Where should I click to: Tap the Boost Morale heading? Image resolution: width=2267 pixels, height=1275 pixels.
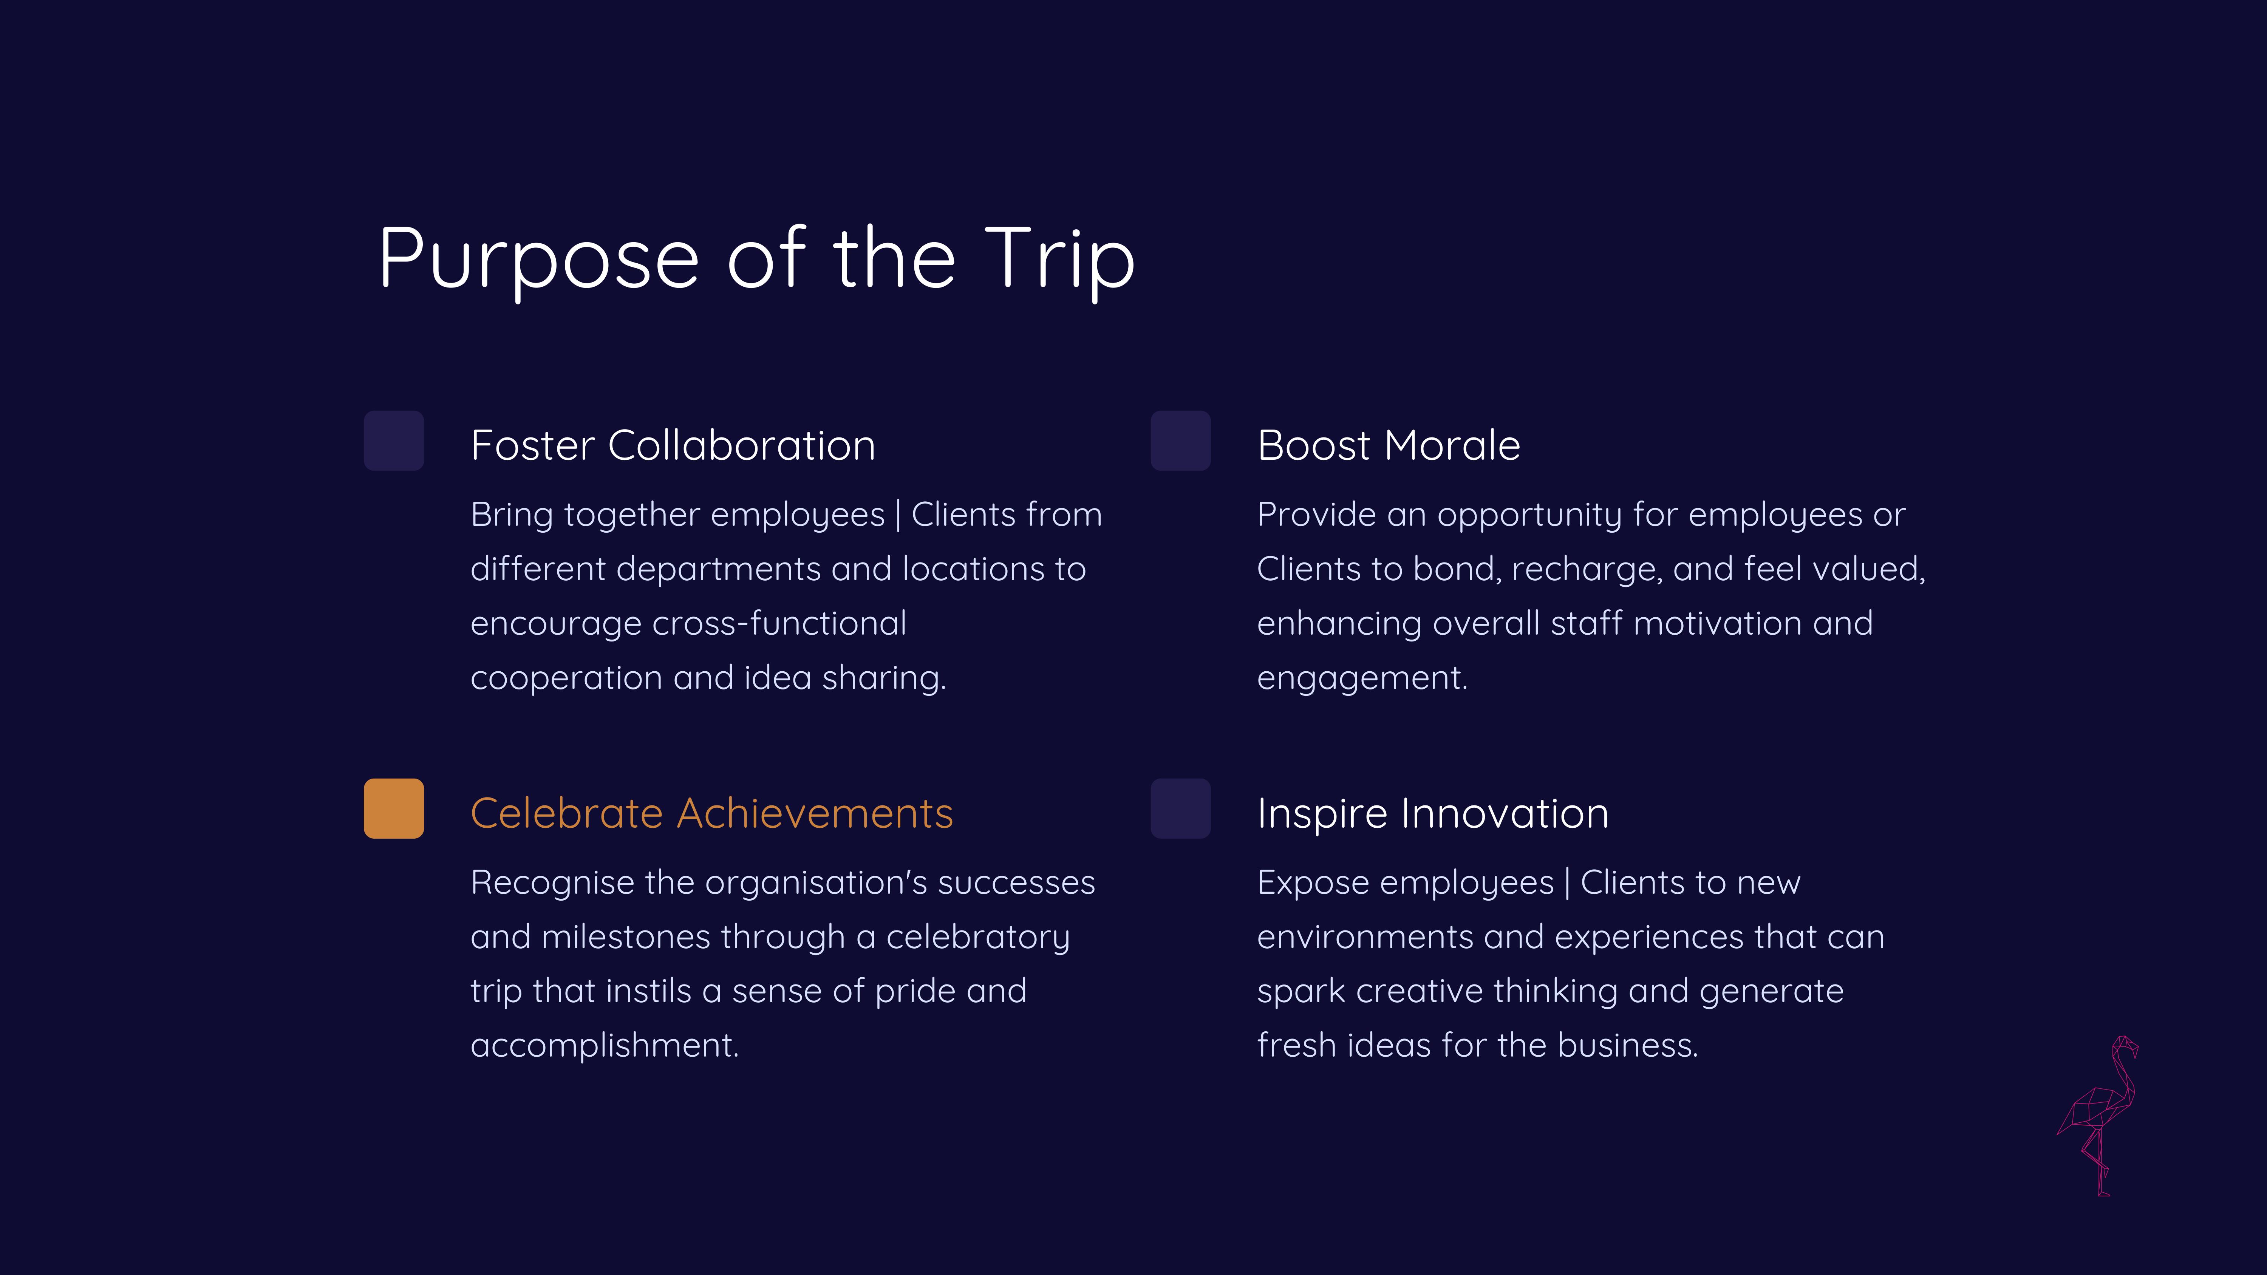[1389, 445]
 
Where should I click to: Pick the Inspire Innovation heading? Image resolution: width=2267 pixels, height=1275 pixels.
[1433, 813]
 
